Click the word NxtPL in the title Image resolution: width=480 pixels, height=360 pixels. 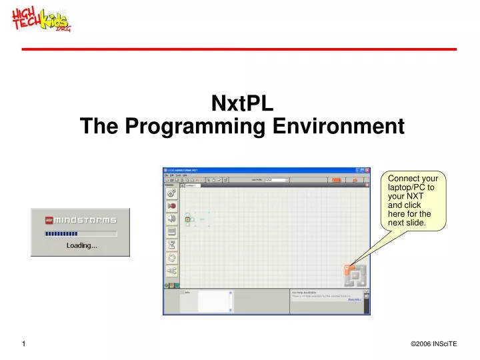(241, 103)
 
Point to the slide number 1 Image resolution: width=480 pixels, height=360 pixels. (23, 343)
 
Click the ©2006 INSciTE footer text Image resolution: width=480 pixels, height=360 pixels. (433, 343)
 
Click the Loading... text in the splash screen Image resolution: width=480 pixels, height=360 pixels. (81, 245)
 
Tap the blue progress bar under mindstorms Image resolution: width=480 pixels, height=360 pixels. (61, 233)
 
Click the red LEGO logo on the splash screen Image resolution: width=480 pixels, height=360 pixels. (48, 220)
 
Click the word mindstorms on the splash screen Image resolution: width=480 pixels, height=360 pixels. (85, 220)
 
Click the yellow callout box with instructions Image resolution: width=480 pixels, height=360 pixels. (413, 201)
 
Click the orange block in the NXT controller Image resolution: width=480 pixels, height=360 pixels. (347, 269)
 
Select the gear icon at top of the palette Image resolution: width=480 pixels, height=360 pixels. (171, 193)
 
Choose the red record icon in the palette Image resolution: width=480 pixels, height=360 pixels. (171, 206)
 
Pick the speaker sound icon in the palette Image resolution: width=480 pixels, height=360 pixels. (171, 219)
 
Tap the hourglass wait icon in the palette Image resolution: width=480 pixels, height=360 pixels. (171, 245)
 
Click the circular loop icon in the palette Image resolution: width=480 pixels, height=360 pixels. (171, 257)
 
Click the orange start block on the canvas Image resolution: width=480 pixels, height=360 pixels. (188, 219)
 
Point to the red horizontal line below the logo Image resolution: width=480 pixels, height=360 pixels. (239, 49)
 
